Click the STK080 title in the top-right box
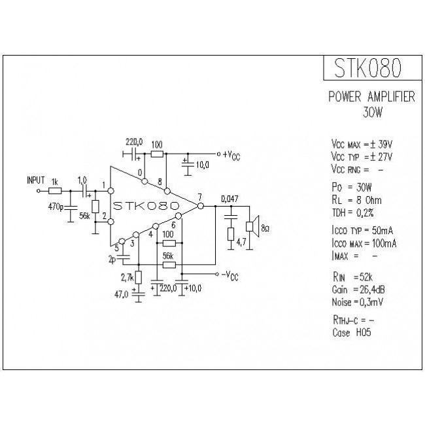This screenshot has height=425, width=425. (368, 67)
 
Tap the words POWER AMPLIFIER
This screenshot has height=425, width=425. (371, 97)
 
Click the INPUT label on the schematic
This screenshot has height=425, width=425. (36, 179)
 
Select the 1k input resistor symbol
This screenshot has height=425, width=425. (56, 191)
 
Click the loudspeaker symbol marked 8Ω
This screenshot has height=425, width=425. (250, 227)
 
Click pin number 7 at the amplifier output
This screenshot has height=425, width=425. (199, 197)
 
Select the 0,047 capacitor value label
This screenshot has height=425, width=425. (229, 198)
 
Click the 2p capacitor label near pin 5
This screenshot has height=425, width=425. (112, 259)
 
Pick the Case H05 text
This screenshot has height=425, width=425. (352, 333)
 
